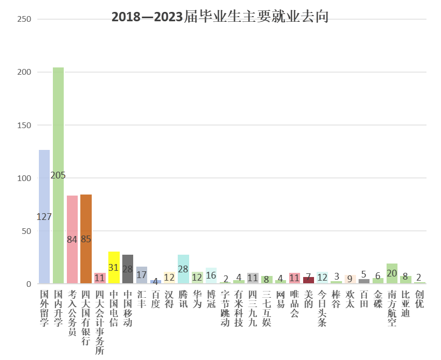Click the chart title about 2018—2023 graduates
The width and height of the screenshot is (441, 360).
(x=220, y=17)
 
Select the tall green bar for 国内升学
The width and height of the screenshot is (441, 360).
(x=58, y=130)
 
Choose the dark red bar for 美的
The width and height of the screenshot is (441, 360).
(x=308, y=281)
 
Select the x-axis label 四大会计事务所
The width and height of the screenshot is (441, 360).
(x=100, y=322)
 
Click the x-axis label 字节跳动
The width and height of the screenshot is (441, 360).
(x=225, y=308)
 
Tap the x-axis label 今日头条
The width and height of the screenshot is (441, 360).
(x=322, y=308)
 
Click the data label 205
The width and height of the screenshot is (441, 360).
(x=58, y=175)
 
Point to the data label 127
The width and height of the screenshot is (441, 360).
(x=44, y=217)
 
